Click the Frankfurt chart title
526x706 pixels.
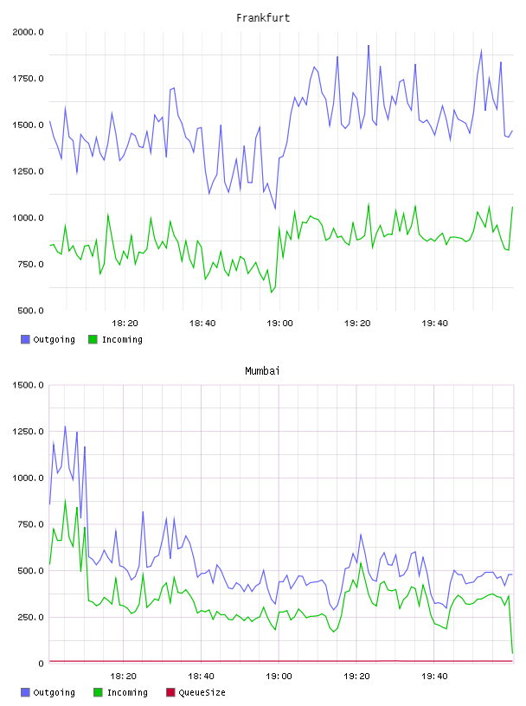click(263, 18)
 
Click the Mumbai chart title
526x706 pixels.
click(262, 371)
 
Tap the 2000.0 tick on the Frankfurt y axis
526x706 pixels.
click(28, 32)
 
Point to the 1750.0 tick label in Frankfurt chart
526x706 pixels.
click(28, 79)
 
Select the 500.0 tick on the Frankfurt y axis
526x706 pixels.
click(30, 311)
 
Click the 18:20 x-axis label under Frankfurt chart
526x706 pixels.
click(125, 324)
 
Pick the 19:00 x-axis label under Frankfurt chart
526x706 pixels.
click(279, 324)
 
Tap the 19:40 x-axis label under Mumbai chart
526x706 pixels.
click(434, 677)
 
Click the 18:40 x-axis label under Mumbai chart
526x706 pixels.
click(202, 677)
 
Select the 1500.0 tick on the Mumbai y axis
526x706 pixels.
click(28, 385)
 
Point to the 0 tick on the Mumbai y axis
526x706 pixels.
click(41, 664)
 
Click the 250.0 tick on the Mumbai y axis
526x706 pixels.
click(30, 617)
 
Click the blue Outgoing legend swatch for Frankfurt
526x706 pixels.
click(25, 339)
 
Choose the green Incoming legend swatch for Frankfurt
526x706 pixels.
click(93, 339)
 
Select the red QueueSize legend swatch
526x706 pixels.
click(170, 692)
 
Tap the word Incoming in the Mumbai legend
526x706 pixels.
click(127, 693)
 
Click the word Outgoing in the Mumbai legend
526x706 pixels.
click(54, 693)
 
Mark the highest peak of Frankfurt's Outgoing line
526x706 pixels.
click(369, 45)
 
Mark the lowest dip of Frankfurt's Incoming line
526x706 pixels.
click(272, 292)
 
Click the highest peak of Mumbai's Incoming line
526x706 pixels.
click(65, 500)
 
